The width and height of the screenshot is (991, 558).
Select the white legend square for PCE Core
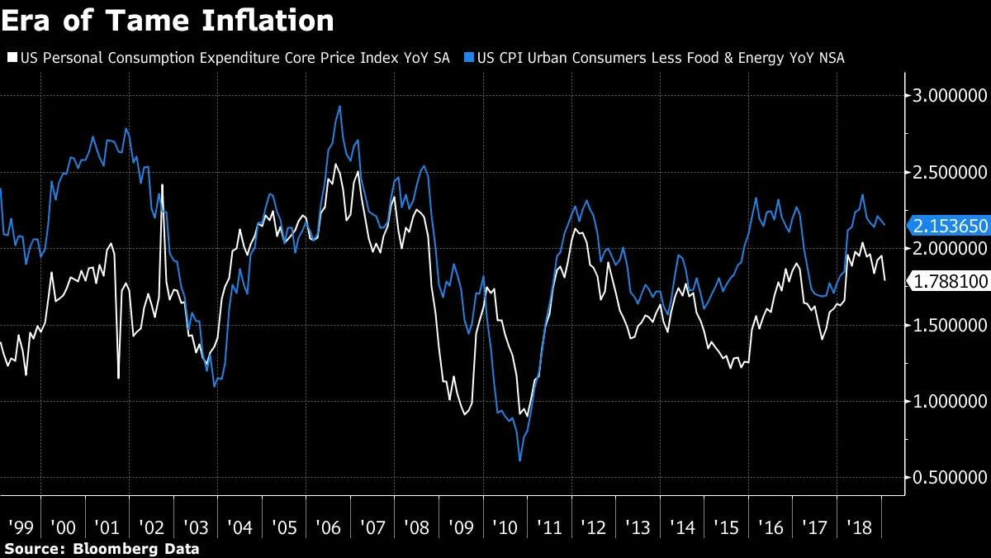12,58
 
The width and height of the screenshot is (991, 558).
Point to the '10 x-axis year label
504,526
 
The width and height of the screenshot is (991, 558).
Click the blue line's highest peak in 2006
339,107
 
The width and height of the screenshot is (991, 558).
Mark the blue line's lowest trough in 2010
519,460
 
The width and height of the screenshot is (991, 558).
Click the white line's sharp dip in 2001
119,378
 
